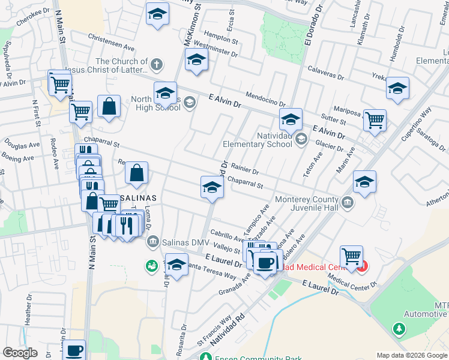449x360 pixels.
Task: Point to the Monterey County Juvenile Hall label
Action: [x=306, y=203]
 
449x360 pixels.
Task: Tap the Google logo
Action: [x=20, y=353]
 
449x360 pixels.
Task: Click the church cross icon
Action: [x=157, y=64]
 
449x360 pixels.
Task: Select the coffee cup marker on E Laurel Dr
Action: [x=264, y=262]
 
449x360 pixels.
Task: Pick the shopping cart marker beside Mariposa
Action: [x=375, y=119]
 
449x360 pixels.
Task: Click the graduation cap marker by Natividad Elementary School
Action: [x=291, y=118]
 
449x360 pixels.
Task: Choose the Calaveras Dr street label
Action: [x=327, y=73]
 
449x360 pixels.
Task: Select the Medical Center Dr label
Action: [x=351, y=281]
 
